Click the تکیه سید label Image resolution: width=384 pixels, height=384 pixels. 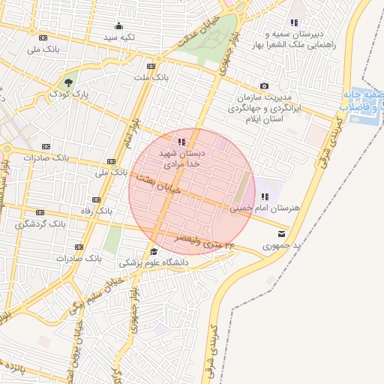(118, 37)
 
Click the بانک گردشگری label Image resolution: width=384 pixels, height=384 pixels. (40, 223)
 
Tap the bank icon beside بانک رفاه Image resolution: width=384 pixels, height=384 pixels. (95, 199)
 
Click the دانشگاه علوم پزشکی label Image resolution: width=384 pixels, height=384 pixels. (154, 263)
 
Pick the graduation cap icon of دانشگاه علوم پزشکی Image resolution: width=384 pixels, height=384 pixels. (154, 252)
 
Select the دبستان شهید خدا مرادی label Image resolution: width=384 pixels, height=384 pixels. (181, 157)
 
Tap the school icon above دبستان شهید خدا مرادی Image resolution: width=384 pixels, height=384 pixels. (181, 142)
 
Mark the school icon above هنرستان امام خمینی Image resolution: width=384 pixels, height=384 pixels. (264, 196)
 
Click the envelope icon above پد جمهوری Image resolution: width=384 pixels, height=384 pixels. (281, 234)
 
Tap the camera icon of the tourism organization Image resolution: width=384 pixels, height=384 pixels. (264, 86)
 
